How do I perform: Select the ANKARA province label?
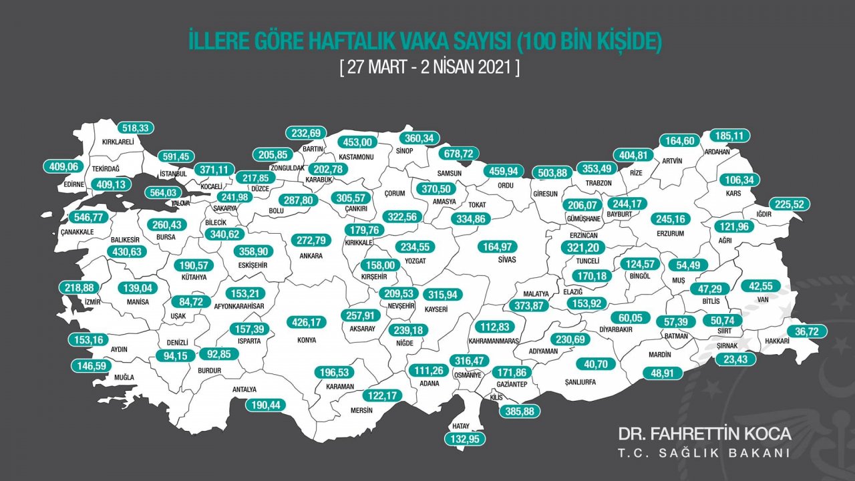[x=311, y=256]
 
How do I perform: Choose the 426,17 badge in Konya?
[x=307, y=323]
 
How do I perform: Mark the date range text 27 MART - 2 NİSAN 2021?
[x=429, y=68]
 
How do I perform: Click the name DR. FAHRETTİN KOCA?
[x=704, y=434]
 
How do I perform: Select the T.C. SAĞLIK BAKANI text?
[x=704, y=453]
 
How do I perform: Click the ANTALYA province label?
[x=244, y=389]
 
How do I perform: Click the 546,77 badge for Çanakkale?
[x=92, y=217]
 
